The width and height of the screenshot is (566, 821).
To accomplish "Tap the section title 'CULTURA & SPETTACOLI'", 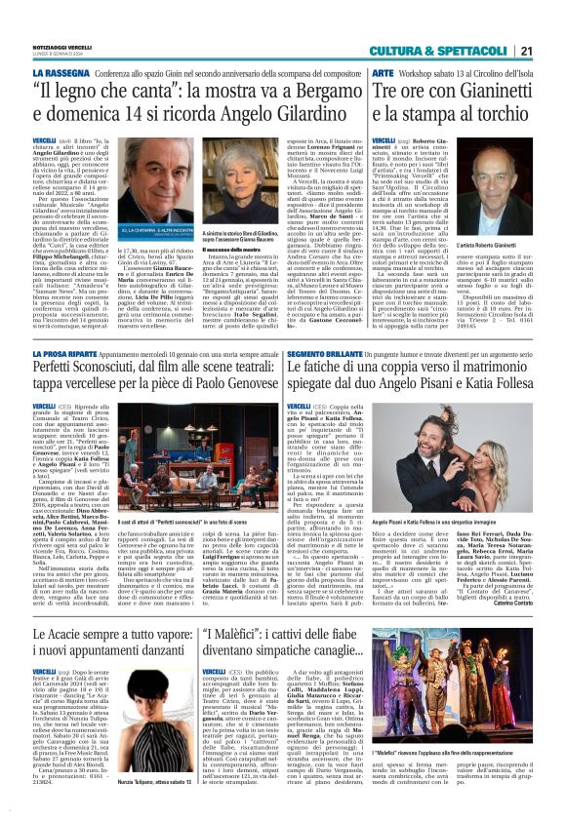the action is [x=458, y=23].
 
